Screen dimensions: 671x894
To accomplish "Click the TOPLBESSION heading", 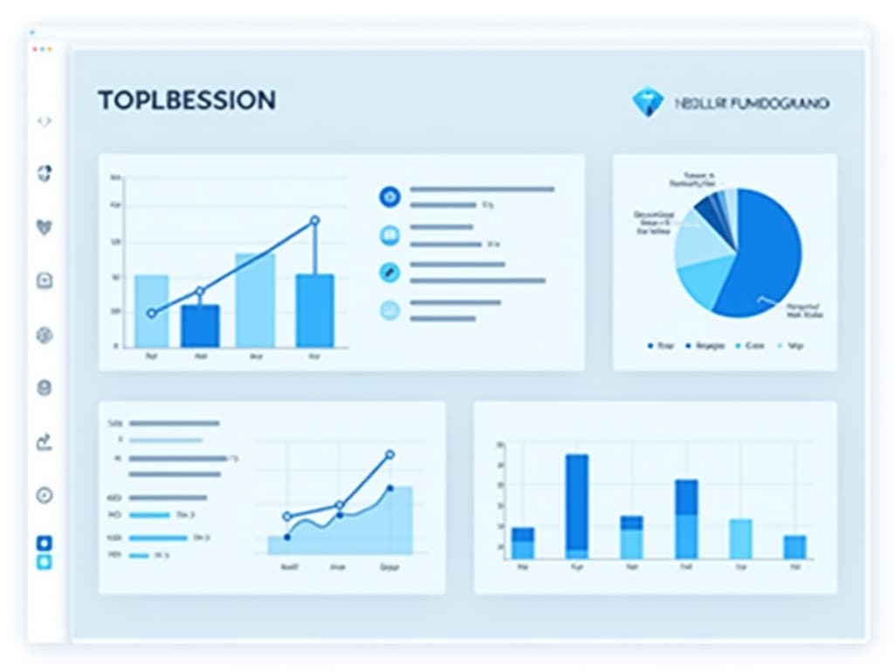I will click(187, 100).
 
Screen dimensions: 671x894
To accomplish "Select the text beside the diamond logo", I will click(752, 103).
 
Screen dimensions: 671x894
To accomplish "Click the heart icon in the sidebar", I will click(45, 226).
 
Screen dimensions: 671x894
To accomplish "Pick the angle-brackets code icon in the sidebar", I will click(45, 121).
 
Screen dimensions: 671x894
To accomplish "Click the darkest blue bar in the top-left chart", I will click(201, 325).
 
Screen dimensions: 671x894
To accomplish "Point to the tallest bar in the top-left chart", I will click(255, 300).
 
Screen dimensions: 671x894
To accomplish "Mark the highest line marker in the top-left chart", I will click(315, 221).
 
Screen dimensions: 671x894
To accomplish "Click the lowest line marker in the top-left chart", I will click(152, 313).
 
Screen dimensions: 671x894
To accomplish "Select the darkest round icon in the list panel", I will click(389, 197).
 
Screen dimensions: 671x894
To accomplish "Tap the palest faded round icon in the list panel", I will click(389, 309).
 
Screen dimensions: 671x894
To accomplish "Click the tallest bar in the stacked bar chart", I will click(576, 506).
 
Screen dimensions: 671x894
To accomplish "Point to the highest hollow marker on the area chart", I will click(389, 455).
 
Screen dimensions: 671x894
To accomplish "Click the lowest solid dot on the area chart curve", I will click(287, 537).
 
